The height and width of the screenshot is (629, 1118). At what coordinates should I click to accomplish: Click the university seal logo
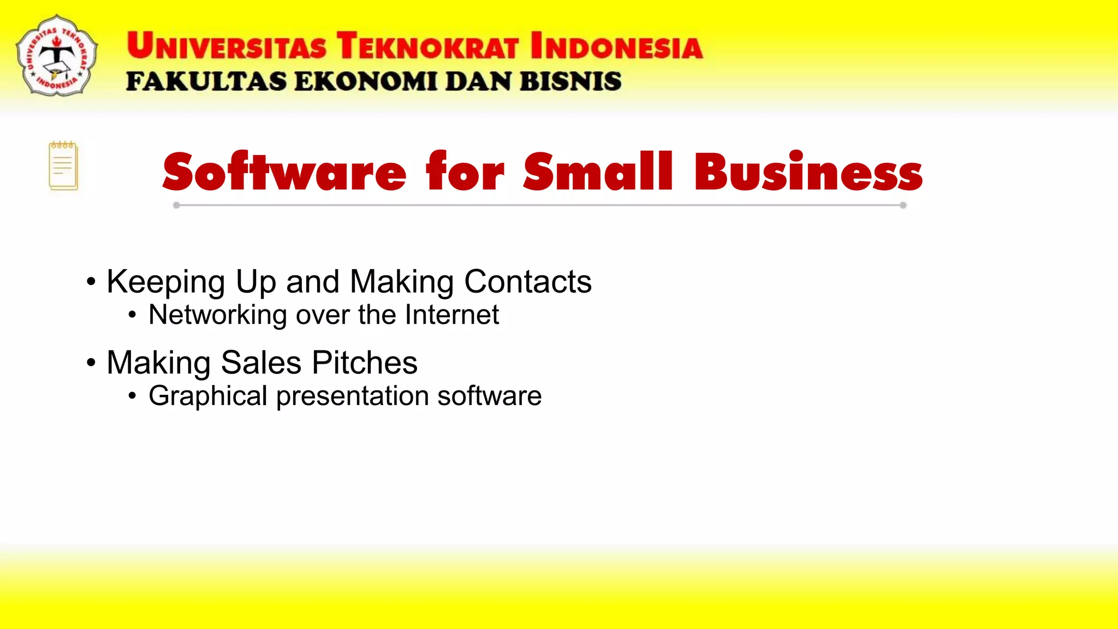point(57,56)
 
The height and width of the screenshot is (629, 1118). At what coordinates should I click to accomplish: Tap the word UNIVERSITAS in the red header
point(226,46)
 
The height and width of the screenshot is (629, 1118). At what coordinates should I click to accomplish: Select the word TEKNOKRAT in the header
point(427,46)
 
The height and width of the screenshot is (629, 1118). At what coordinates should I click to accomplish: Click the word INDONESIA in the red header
point(616,46)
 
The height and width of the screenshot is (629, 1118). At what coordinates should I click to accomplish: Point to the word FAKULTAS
point(206,82)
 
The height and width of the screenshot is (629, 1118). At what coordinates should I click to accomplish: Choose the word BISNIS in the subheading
point(570,82)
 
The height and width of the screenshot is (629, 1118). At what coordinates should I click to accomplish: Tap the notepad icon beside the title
point(63,166)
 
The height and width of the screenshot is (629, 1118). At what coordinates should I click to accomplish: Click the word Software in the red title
point(284,172)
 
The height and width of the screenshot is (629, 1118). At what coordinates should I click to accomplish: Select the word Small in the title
point(598,172)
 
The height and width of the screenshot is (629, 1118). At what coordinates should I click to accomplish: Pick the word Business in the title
point(808,172)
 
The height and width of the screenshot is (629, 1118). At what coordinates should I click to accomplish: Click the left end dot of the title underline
point(176,205)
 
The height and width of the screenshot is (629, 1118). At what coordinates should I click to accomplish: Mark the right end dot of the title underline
point(903,205)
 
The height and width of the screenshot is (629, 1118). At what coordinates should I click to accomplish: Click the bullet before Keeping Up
point(91,282)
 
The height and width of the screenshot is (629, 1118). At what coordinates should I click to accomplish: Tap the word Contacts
point(527,282)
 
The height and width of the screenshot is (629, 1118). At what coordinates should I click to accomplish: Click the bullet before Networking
point(132,315)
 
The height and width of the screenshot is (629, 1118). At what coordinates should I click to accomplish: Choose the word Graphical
point(207,396)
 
